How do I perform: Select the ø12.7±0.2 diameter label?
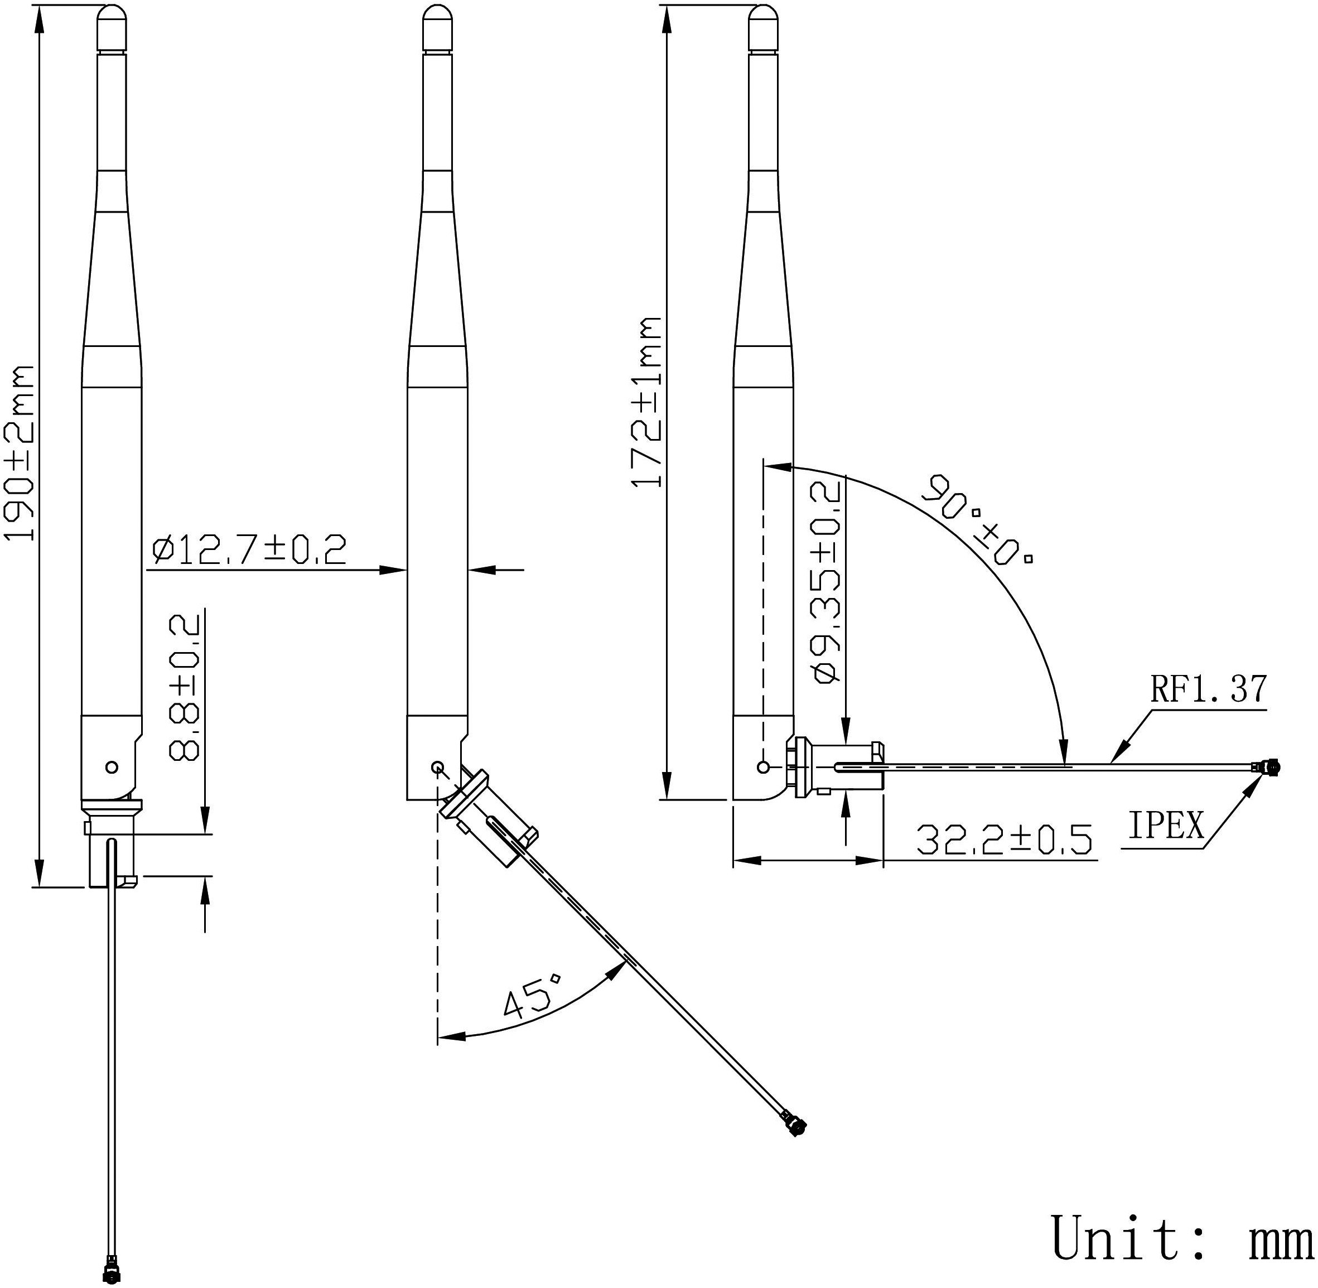point(249,549)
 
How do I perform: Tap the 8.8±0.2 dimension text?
point(184,687)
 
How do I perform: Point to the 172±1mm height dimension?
point(647,402)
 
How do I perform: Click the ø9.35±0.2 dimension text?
point(828,582)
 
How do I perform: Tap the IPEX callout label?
point(1166,826)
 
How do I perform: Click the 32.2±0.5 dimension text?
point(1003,840)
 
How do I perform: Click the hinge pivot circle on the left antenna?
point(112,767)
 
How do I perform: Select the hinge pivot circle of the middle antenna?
point(437,767)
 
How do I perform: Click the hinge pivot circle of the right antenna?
point(764,767)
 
